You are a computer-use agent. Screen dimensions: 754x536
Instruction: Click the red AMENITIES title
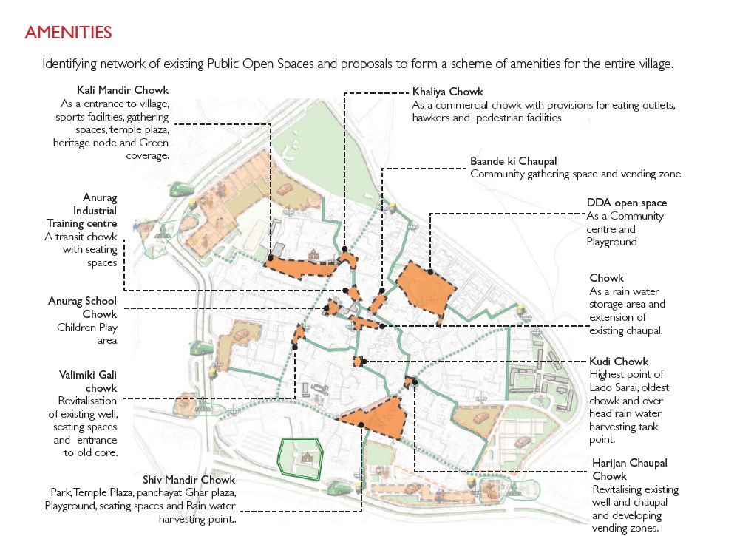68,33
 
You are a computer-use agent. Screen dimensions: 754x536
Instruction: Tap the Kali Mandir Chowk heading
123,90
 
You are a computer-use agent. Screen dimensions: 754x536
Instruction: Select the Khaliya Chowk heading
448,92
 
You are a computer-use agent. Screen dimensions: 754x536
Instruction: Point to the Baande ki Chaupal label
514,161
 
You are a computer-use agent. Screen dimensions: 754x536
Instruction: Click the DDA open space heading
627,203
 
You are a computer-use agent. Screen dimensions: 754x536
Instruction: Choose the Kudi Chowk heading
619,362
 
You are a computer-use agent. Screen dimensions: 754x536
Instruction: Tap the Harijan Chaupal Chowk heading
630,469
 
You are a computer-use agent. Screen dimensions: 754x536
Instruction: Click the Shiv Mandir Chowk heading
189,480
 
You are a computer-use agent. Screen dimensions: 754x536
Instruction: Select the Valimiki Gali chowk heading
88,381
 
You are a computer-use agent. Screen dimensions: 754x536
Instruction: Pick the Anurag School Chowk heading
83,308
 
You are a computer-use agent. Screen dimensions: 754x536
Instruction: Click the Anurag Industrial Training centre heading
82,211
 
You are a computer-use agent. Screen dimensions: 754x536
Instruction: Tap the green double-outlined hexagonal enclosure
279,459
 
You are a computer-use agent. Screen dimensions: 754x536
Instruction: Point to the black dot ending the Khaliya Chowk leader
344,249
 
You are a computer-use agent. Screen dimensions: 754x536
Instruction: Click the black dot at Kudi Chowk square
364,362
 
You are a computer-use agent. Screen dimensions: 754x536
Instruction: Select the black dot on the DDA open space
430,271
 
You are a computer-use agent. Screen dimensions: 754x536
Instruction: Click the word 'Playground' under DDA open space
611,242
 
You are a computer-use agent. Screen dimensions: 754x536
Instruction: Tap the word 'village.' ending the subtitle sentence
656,64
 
